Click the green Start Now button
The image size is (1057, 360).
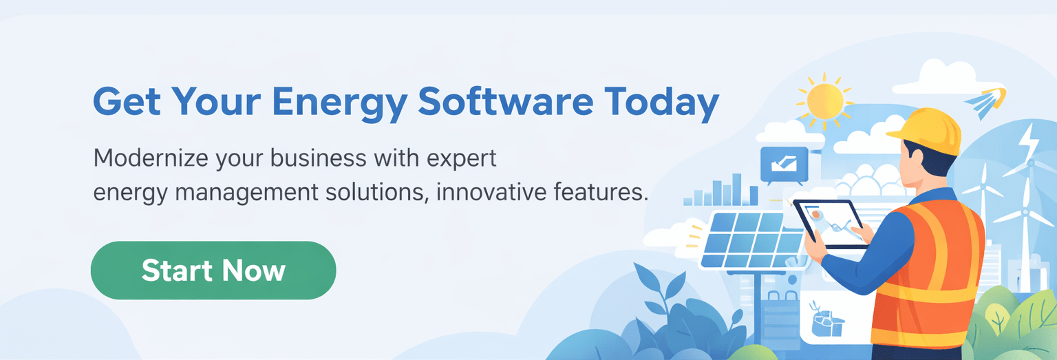(x=213, y=270)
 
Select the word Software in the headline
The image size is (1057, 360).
(x=505, y=101)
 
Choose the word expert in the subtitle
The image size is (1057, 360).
(x=461, y=158)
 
